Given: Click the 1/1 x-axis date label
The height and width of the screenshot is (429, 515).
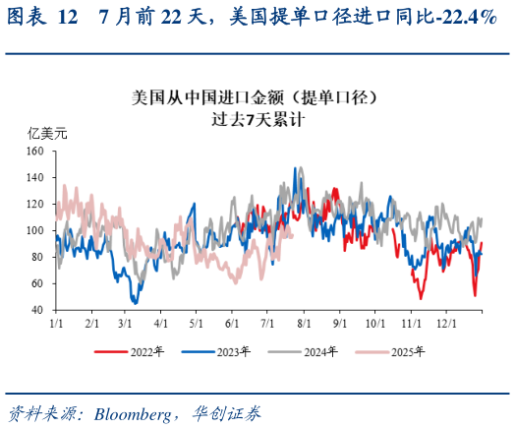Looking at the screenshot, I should (56, 323).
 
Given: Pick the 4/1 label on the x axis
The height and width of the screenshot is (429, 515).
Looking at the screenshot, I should (161, 323).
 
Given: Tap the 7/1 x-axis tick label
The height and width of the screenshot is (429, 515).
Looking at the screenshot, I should (266, 323).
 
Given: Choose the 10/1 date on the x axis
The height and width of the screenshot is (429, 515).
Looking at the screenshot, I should (373, 323).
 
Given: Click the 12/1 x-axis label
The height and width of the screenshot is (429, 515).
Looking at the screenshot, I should (444, 323).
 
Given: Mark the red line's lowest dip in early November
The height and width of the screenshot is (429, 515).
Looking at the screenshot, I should (421, 297).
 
